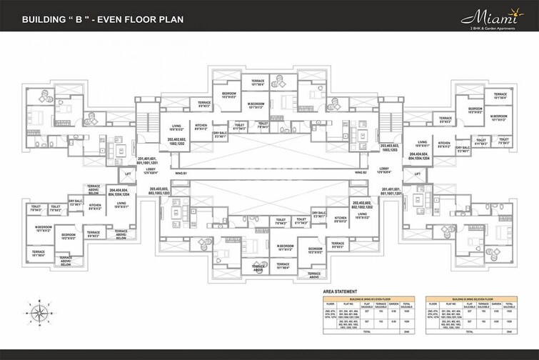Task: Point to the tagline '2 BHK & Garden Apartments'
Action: click(498, 27)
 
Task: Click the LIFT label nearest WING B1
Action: click(129, 174)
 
